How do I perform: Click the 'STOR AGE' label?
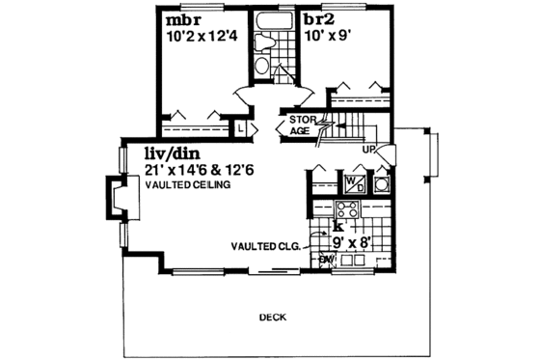299,125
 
